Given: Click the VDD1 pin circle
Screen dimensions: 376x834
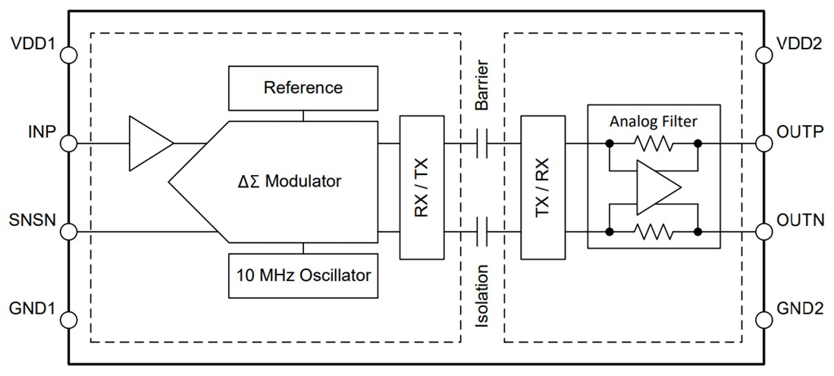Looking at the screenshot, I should click(69, 55).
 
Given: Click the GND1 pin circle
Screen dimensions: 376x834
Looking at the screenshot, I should click(69, 320).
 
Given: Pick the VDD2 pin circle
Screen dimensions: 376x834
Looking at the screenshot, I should click(764, 55).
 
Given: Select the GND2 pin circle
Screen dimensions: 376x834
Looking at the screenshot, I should click(764, 320).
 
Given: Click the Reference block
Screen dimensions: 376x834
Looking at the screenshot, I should click(303, 88).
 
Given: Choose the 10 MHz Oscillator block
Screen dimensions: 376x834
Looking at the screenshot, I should click(303, 275).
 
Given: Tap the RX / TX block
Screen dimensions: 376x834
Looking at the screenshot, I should click(422, 187).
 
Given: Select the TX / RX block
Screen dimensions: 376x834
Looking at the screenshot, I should click(543, 187).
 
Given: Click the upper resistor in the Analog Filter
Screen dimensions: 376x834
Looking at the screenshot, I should click(653, 143).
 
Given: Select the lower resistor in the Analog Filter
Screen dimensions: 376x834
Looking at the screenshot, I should click(653, 232).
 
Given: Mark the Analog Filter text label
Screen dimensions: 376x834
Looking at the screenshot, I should click(653, 121).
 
